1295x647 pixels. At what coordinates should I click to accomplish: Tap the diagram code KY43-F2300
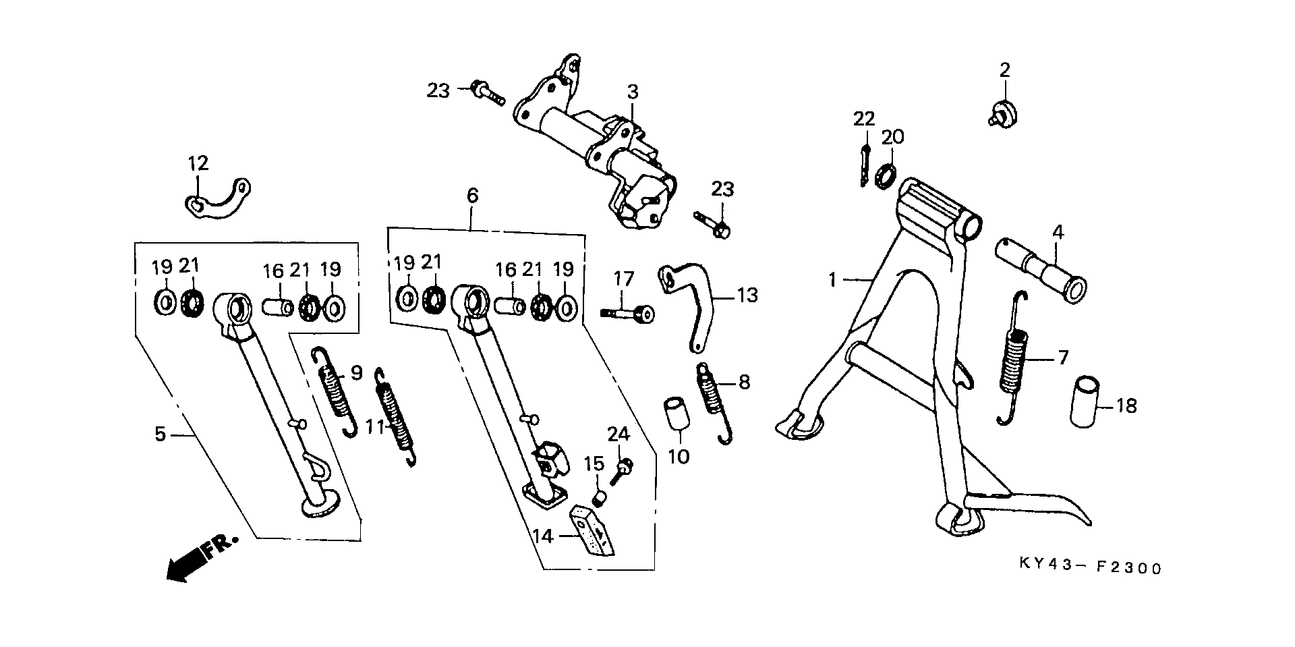coord(1090,568)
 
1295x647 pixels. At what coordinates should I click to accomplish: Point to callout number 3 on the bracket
coord(632,92)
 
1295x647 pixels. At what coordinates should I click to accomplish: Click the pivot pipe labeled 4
coord(1041,267)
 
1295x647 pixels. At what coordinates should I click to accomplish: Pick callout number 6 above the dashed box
coord(472,196)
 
